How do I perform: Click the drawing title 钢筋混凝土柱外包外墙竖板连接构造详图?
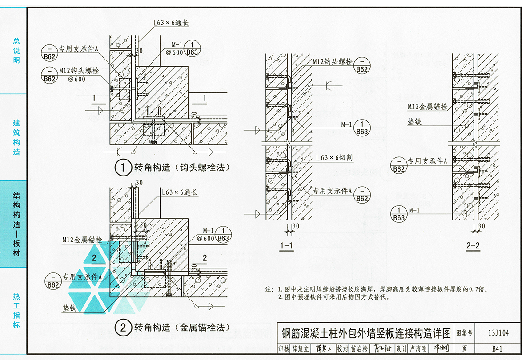[366, 333]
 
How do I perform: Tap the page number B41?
[497, 349]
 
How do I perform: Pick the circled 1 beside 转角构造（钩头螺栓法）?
[122, 168]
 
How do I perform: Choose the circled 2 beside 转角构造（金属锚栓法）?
[122, 328]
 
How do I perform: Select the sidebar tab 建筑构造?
[16, 137]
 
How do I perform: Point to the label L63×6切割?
[334, 158]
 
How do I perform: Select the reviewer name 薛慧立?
[300, 349]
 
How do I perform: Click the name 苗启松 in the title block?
[358, 349]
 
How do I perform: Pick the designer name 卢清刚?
[418, 349]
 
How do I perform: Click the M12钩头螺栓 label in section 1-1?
[332, 62]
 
